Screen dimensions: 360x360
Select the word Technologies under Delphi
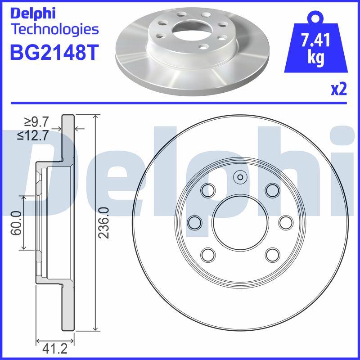tap(54, 30)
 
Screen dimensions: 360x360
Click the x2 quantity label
tap(339, 90)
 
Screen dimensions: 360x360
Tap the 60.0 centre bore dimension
tap(17, 223)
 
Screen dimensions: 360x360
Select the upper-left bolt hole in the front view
tap(208, 190)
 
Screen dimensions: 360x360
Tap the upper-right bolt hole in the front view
tap(272, 190)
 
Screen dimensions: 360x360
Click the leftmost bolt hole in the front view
tap(194, 222)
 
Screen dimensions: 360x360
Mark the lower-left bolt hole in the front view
tap(208, 255)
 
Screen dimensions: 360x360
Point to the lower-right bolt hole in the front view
tap(272, 255)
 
